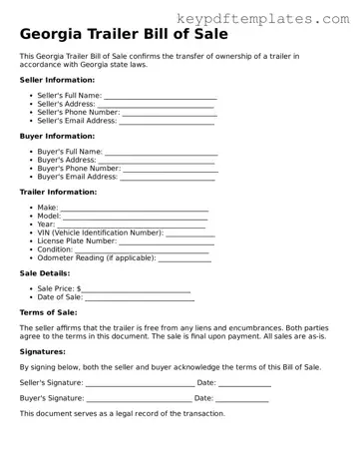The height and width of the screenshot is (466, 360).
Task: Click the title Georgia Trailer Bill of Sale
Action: [x=124, y=34]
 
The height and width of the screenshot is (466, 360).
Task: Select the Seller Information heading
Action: [x=57, y=80]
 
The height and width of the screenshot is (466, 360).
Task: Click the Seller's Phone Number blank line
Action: [x=169, y=114]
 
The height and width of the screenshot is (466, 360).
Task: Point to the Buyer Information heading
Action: [x=57, y=136]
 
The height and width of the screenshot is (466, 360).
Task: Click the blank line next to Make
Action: [x=135, y=209]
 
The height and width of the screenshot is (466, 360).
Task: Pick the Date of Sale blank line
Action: [x=140, y=297]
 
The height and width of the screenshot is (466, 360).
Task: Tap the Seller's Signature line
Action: [x=140, y=383]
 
